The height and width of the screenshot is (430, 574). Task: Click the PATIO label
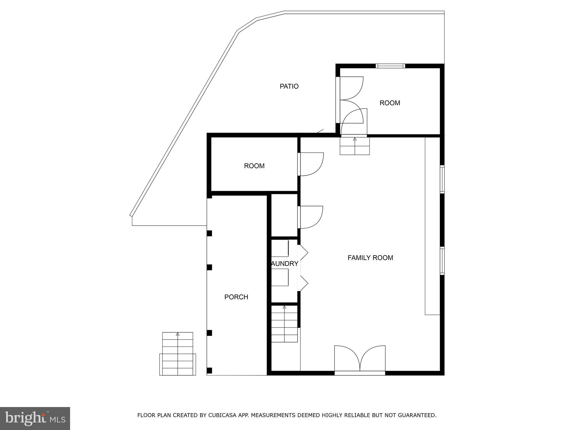point(289,86)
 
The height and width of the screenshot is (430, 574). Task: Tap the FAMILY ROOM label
point(370,258)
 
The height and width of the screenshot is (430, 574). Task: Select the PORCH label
point(236,297)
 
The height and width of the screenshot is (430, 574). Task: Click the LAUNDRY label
point(284,264)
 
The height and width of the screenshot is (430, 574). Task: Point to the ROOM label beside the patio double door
point(390,103)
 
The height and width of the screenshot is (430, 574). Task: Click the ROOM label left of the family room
point(254,166)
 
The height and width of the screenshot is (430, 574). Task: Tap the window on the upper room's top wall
point(390,66)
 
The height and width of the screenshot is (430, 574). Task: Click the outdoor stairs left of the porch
point(178,354)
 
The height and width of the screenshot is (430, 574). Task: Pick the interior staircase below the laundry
point(284,324)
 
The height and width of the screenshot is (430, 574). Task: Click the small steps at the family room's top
point(355,146)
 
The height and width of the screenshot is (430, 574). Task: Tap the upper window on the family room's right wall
point(442,179)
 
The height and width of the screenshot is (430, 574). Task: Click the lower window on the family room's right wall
point(442,261)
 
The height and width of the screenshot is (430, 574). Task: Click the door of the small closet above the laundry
point(310,217)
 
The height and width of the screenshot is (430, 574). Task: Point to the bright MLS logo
point(35,419)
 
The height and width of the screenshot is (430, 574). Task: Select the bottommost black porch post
point(209,370)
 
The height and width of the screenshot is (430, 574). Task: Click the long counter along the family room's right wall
point(432,226)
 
